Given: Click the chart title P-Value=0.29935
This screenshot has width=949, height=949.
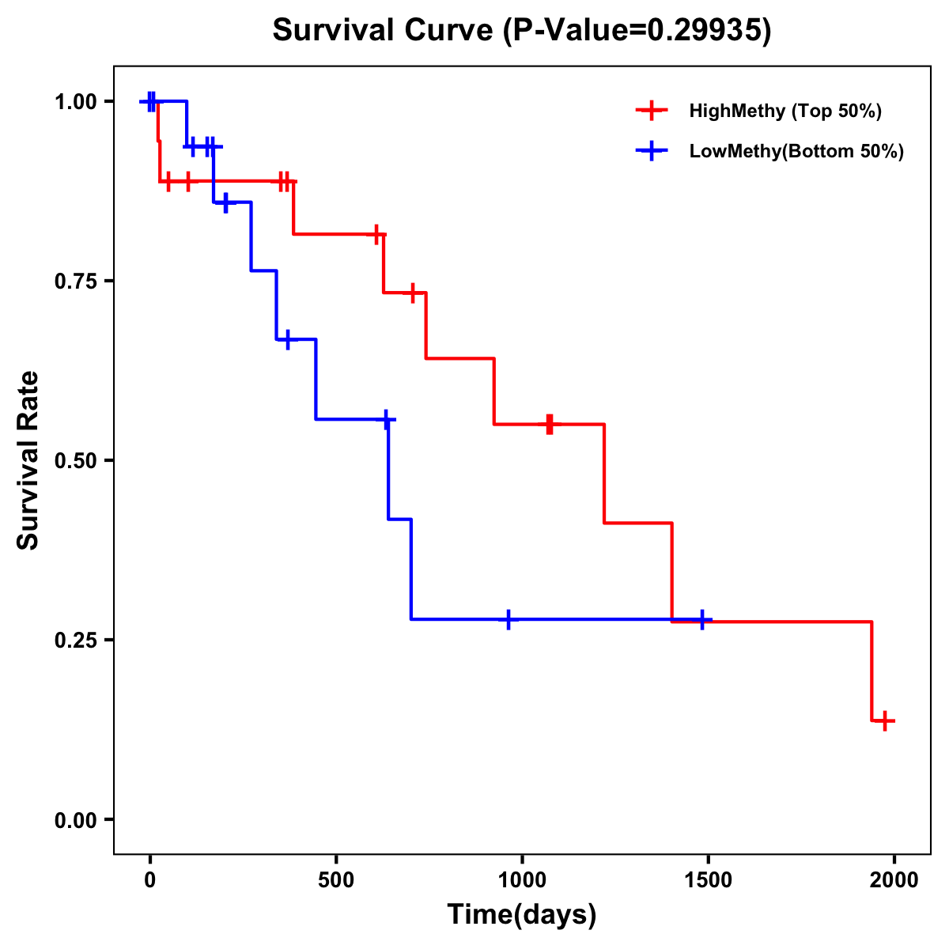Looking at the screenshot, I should coord(522,31).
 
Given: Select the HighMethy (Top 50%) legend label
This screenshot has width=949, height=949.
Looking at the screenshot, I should coord(785,111).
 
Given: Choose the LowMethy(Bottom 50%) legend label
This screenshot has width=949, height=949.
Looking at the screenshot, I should coord(796,151).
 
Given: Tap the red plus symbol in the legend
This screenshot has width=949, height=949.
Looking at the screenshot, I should coord(652,111).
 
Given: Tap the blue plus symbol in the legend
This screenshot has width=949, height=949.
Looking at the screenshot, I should coord(652,151).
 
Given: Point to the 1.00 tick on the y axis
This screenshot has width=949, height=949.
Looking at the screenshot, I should coord(75,102).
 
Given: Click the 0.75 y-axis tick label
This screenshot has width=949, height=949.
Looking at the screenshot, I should coord(75,282).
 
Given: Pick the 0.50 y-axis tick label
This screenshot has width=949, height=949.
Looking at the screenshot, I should coord(75,461).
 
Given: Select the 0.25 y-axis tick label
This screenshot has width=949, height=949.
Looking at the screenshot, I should coord(75,641).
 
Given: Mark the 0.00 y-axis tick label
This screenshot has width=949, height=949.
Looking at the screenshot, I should coord(75,820).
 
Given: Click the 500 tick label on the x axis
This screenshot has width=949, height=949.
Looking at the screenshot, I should coord(336,880).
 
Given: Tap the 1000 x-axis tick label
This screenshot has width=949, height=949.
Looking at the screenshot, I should coord(522,880).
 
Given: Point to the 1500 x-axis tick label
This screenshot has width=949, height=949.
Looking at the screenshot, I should coord(708,880).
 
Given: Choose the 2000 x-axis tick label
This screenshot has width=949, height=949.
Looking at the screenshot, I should coord(894,880).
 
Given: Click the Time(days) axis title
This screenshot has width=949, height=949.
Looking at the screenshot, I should coord(522,914).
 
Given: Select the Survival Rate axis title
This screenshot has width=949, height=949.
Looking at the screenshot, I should coord(28,460).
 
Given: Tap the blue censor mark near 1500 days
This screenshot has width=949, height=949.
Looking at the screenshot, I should coord(702,620).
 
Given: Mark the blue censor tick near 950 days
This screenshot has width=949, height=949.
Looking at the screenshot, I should coord(508,620).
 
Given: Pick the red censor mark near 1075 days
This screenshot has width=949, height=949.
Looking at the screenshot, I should coord(550,424).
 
